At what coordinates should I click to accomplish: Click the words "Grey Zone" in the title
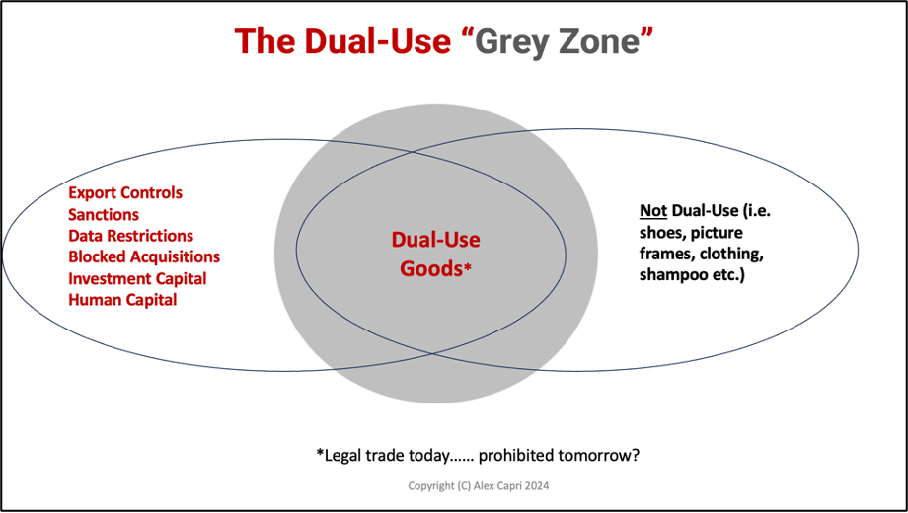click(x=559, y=41)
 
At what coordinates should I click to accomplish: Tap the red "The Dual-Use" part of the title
click(x=341, y=40)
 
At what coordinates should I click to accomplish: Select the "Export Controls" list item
click(x=125, y=192)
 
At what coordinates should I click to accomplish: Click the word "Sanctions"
click(x=104, y=215)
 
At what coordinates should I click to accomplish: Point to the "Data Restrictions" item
click(x=131, y=236)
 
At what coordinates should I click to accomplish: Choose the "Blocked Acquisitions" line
click(x=144, y=257)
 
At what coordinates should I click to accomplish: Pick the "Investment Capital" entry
click(x=137, y=278)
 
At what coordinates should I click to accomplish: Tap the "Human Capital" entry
click(x=122, y=300)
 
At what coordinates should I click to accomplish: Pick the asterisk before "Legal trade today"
click(x=320, y=453)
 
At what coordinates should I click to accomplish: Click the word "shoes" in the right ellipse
click(x=658, y=233)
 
